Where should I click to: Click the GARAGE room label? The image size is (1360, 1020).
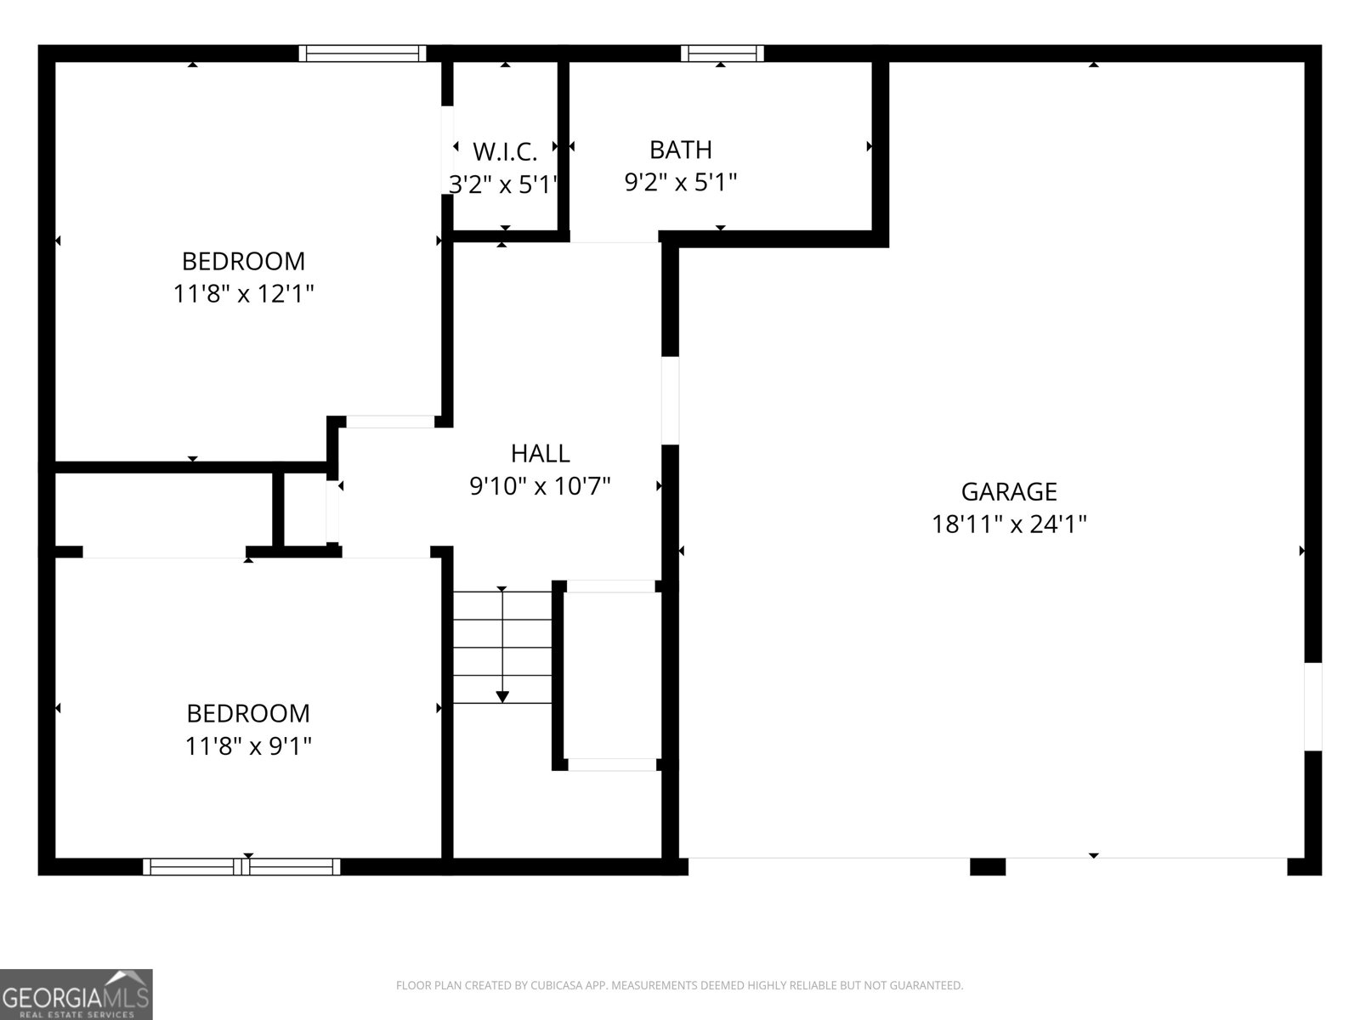pyautogui.click(x=1009, y=491)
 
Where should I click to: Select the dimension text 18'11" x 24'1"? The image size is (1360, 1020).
pyautogui.click(x=1009, y=524)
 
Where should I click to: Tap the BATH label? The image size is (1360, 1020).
pyautogui.click(x=680, y=150)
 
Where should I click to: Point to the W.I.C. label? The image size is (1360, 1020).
pyautogui.click(x=505, y=152)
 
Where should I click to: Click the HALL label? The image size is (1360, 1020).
pyautogui.click(x=540, y=453)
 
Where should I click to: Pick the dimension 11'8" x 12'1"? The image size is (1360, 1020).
pyautogui.click(x=244, y=295)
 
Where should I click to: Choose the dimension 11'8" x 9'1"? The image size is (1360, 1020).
pyautogui.click(x=248, y=746)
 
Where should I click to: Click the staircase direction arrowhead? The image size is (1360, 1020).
pyautogui.click(x=502, y=697)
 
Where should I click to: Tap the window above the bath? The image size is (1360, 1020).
pyautogui.click(x=722, y=54)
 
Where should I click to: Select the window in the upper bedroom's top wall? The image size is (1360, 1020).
pyautogui.click(x=362, y=54)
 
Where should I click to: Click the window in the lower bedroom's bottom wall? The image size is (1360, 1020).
pyautogui.click(x=242, y=867)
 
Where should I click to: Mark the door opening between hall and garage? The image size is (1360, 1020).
pyautogui.click(x=670, y=400)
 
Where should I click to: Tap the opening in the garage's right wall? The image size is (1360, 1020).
pyautogui.click(x=1313, y=706)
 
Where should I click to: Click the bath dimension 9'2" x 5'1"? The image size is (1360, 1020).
pyautogui.click(x=680, y=183)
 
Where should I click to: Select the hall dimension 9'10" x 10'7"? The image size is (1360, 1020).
pyautogui.click(x=540, y=486)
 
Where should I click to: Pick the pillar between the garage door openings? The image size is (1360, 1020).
pyautogui.click(x=988, y=867)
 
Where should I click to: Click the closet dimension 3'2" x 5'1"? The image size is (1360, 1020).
pyautogui.click(x=503, y=184)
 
